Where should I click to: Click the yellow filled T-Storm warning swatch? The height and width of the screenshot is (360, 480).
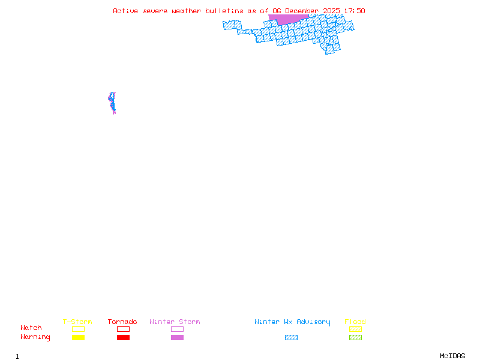(78, 338)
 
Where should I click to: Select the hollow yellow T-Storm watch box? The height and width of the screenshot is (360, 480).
(78, 329)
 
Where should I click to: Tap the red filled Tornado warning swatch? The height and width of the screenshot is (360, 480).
(123, 338)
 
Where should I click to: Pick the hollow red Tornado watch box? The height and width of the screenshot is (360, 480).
(123, 329)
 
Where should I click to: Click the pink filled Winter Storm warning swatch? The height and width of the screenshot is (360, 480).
(177, 338)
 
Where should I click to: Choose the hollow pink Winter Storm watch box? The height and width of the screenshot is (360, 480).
(177, 329)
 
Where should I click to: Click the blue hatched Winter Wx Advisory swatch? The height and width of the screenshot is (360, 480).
(291, 338)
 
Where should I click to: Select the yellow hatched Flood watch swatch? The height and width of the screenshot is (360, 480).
(355, 329)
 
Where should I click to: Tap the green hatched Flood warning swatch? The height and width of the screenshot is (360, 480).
(355, 338)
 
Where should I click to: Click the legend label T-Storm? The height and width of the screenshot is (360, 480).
(77, 322)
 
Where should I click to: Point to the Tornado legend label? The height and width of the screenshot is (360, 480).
(122, 322)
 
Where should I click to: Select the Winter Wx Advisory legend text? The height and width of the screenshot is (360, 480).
(292, 322)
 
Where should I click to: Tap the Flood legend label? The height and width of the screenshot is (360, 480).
(355, 322)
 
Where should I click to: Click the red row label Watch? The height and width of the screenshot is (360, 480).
(31, 328)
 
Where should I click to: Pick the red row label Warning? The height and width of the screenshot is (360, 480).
(35, 337)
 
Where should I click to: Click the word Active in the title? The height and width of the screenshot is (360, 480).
(125, 11)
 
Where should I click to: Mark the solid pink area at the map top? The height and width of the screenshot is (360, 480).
(288, 19)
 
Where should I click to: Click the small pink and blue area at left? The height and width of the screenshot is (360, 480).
(112, 103)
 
